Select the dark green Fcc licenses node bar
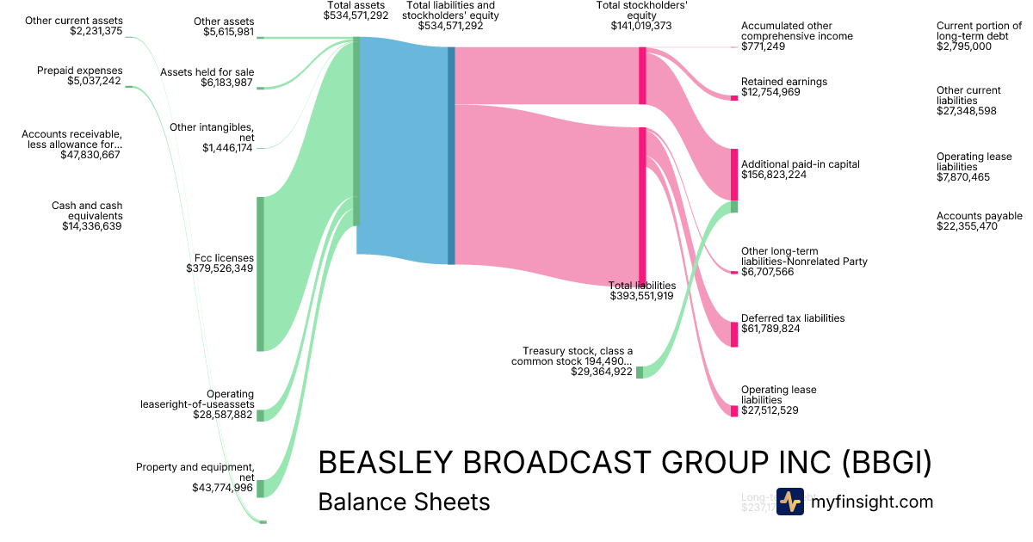coord(260,274)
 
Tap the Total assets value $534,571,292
coord(356,15)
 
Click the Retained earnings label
coord(783,82)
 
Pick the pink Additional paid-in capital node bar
coord(734,175)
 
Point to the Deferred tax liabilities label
coord(793,318)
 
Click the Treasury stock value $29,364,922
coord(602,372)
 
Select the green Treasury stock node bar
coord(639,372)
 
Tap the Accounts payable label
coord(979,216)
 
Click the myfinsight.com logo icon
coord(789,502)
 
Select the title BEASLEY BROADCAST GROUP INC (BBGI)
coord(625,463)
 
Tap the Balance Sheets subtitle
coord(404,502)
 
